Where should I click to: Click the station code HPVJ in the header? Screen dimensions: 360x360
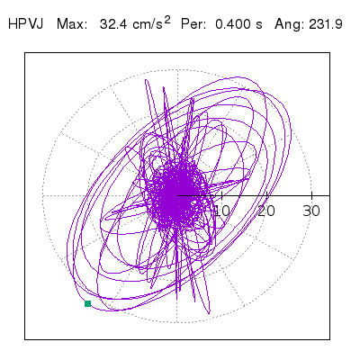point(26,24)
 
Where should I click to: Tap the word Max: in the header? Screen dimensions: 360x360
point(72,24)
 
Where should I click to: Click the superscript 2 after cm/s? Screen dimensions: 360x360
point(167,20)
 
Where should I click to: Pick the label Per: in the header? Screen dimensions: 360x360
point(193,24)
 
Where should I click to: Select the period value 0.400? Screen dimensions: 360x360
point(232,24)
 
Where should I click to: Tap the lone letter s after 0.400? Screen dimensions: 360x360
point(259,25)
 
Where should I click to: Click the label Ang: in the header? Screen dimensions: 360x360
point(289,24)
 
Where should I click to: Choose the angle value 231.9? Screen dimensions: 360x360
point(325,24)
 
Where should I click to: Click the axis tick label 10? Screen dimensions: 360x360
point(222,211)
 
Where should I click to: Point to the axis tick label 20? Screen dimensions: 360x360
point(266,211)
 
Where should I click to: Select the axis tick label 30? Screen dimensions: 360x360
point(311,211)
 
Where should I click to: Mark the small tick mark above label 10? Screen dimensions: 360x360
point(222,195)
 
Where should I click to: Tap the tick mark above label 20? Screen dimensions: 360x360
point(267,195)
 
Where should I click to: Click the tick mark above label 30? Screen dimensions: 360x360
point(312,195)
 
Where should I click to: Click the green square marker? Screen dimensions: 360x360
point(88,303)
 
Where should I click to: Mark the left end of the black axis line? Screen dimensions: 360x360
point(177,195)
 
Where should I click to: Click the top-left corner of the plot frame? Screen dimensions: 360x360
point(25,53)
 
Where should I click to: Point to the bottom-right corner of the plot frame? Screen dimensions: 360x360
point(329,339)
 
